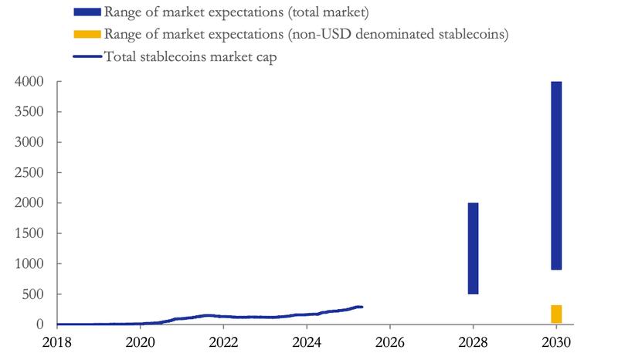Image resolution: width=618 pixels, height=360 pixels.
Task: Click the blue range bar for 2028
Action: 473,248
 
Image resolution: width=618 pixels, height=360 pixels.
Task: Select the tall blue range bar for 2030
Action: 556,175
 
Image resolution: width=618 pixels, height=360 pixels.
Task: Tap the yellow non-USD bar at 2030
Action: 556,314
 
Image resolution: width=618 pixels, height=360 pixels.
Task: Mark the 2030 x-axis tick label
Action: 556,342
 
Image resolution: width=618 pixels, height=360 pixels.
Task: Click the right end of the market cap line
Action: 362,307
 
